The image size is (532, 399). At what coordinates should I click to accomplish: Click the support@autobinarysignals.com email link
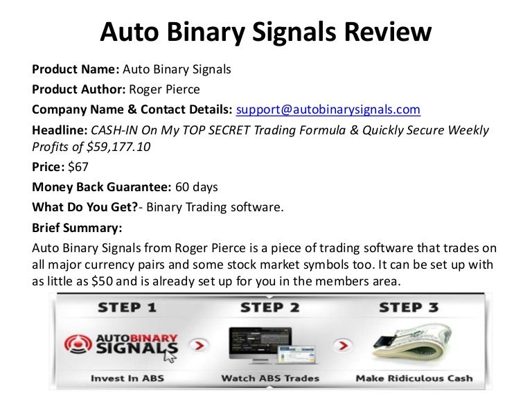pos(328,109)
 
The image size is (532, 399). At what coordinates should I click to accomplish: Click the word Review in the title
pos(388,32)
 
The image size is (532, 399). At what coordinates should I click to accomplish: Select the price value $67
pos(78,167)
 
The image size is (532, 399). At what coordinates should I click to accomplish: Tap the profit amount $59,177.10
pos(118,147)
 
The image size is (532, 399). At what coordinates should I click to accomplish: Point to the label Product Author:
pos(79,89)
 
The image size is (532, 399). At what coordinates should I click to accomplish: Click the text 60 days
pos(197,187)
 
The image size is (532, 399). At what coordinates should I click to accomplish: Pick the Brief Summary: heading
pos(77,228)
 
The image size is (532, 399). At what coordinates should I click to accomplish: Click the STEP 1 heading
pos(127,308)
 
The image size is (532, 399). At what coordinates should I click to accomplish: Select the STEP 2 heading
pos(270,308)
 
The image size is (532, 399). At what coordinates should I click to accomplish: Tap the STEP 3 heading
pos(409,308)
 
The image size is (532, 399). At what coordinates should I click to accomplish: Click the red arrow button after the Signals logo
pos(199,346)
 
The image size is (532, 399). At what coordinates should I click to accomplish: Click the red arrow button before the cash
pos(343,346)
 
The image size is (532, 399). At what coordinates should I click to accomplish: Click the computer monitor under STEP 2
pos(260,344)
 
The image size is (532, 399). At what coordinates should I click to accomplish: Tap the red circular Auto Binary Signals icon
pos(78,344)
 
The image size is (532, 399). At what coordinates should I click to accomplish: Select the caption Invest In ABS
pos(127,378)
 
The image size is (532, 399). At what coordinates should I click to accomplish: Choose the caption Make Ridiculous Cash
pos(414,378)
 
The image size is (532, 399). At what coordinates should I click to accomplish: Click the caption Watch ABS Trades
pos(270,378)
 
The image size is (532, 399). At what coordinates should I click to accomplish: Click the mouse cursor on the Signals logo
pos(169,356)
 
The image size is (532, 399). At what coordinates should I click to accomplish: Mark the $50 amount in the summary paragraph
pos(102,282)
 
